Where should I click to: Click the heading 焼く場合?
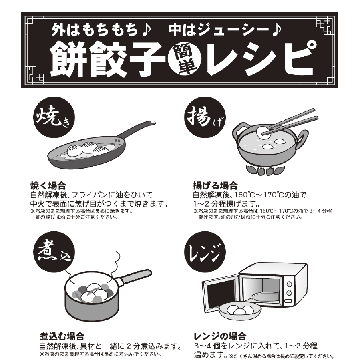[48, 186]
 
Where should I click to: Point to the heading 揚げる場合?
[215, 186]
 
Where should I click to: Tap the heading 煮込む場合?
[62, 334]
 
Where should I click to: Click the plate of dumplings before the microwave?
[239, 311]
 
